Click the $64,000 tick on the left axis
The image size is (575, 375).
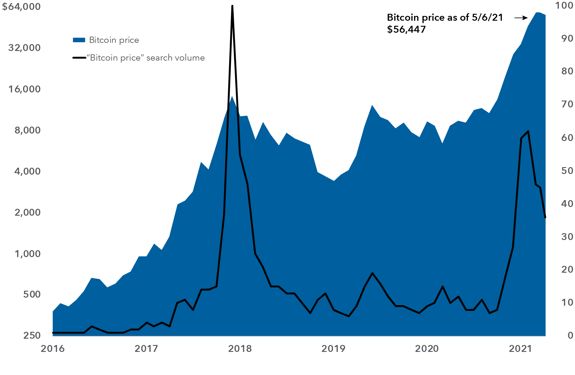pyautogui.click(x=21, y=7)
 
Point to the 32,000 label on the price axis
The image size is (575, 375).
pyautogui.click(x=24, y=48)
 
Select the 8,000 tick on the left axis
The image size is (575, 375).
pyautogui.click(x=27, y=130)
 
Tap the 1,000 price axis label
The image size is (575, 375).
pyautogui.click(x=27, y=254)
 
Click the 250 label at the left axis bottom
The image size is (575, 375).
pyautogui.click(x=32, y=335)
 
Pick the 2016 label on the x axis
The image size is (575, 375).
pyautogui.click(x=53, y=349)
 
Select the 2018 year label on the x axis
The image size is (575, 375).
pyautogui.click(x=240, y=349)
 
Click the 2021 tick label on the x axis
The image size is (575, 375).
pyautogui.click(x=520, y=349)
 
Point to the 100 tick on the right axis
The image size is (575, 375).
pyautogui.click(x=564, y=5)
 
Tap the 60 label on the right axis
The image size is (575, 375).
pyautogui.click(x=567, y=137)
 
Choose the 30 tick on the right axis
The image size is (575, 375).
pyautogui.click(x=567, y=236)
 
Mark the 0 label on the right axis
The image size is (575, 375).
pyautogui.click(x=571, y=335)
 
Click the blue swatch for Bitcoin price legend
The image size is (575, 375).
pyautogui.click(x=79, y=40)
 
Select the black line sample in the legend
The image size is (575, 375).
pyautogui.click(x=79, y=58)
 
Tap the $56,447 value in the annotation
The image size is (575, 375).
pyautogui.click(x=406, y=29)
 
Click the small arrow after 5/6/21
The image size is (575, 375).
pyautogui.click(x=521, y=18)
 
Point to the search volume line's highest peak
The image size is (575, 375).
pyautogui.click(x=232, y=6)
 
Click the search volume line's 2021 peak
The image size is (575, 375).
pyautogui.click(x=528, y=131)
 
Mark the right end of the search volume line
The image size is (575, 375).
pyautogui.click(x=545, y=217)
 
